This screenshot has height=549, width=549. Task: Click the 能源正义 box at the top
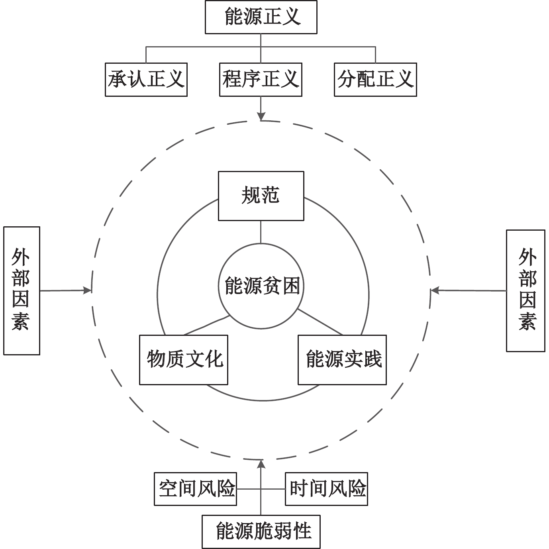point(261,17)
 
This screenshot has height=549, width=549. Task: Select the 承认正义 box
point(146,79)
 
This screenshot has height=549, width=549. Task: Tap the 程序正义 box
point(261,79)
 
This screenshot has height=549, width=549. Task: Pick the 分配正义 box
point(375,79)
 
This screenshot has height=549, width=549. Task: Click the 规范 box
point(261,196)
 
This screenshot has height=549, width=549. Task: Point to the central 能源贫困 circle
point(261,286)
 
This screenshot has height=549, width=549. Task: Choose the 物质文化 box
point(184,360)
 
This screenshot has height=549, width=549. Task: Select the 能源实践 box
point(342,360)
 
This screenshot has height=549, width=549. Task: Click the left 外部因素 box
point(22,290)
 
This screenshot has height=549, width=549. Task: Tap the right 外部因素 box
point(525,290)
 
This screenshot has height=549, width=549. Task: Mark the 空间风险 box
point(195,489)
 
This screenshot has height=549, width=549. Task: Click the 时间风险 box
point(327,489)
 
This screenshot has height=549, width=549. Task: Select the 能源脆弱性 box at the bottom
point(261,531)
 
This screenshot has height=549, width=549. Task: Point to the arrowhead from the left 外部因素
point(88,290)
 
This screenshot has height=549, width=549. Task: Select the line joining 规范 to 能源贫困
point(261,232)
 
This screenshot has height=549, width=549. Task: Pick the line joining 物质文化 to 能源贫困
point(206,325)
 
